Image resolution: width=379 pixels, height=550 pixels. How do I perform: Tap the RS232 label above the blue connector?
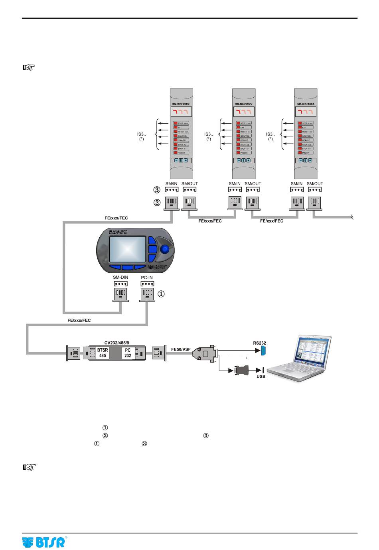tap(259, 343)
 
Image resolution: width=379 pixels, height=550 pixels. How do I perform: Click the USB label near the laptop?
tap(261, 377)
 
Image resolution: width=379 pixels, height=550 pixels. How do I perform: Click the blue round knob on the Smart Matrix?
tap(164, 249)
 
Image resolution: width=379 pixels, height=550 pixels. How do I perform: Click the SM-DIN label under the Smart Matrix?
tap(120, 278)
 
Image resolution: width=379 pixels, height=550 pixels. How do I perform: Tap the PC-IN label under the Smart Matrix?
tap(147, 278)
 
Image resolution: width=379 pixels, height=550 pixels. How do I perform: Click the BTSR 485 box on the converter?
tap(103, 353)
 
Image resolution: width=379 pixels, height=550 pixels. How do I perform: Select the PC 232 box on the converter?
tap(128, 353)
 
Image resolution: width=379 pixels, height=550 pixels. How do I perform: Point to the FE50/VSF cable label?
tap(181, 349)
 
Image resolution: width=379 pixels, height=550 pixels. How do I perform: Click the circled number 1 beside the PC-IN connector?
tap(161, 294)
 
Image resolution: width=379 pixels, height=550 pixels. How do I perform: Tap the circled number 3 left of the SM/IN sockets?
tap(157, 190)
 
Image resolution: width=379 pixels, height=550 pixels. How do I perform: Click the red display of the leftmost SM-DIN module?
tap(182, 112)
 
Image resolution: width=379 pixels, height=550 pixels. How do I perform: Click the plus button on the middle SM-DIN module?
tap(248, 160)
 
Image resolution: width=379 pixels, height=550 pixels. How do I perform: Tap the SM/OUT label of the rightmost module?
tap(315, 183)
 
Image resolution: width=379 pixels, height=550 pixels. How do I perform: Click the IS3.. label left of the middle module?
tap(208, 134)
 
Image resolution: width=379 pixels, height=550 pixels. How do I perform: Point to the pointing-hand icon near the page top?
tap(30, 67)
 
